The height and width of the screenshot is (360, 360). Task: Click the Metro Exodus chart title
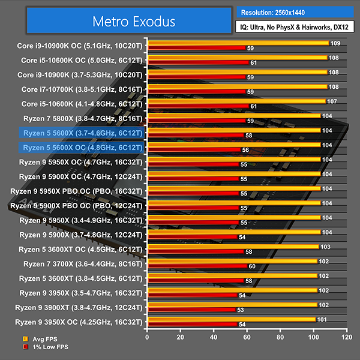pos(133,22)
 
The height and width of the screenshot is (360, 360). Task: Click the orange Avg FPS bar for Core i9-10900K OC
pos(237,43)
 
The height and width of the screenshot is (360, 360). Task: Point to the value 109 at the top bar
pos(335,43)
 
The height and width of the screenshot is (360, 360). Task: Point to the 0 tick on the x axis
pos(148,338)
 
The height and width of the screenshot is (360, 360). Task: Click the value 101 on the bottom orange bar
pos(322,319)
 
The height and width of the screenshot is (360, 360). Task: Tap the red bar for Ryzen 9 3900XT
pos(191,310)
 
